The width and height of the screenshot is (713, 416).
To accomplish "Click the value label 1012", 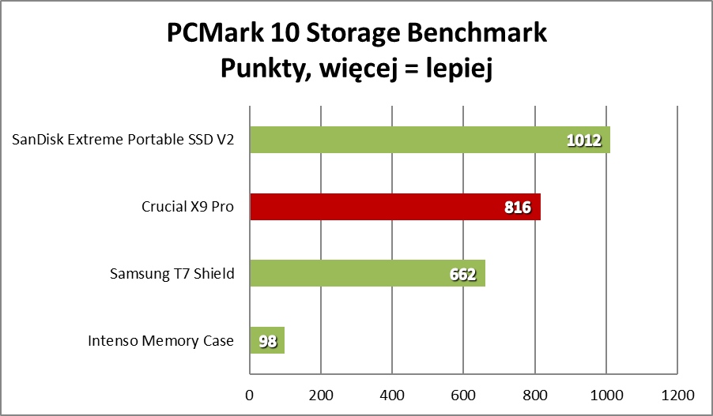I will click(x=584, y=141).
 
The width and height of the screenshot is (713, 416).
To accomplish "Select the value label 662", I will click(x=462, y=275).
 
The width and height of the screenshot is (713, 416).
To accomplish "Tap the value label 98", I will click(x=267, y=341).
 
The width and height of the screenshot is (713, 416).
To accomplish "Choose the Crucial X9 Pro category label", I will click(x=188, y=208).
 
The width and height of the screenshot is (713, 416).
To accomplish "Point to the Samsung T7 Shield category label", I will click(x=172, y=275).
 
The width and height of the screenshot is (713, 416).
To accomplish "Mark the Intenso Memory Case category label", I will click(x=161, y=341).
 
